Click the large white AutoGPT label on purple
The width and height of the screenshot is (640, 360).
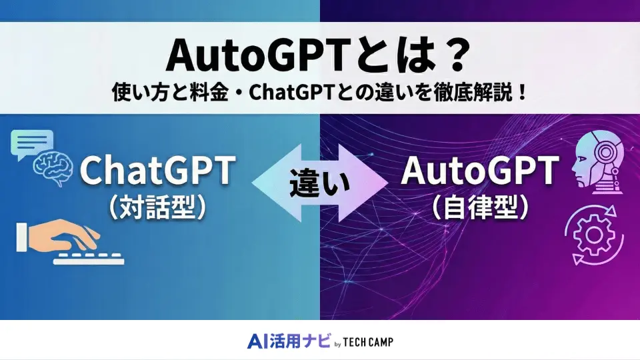tap(479, 172)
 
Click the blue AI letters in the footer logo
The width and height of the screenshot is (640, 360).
tap(256, 341)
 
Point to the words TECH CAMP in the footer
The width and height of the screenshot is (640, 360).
tap(369, 342)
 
